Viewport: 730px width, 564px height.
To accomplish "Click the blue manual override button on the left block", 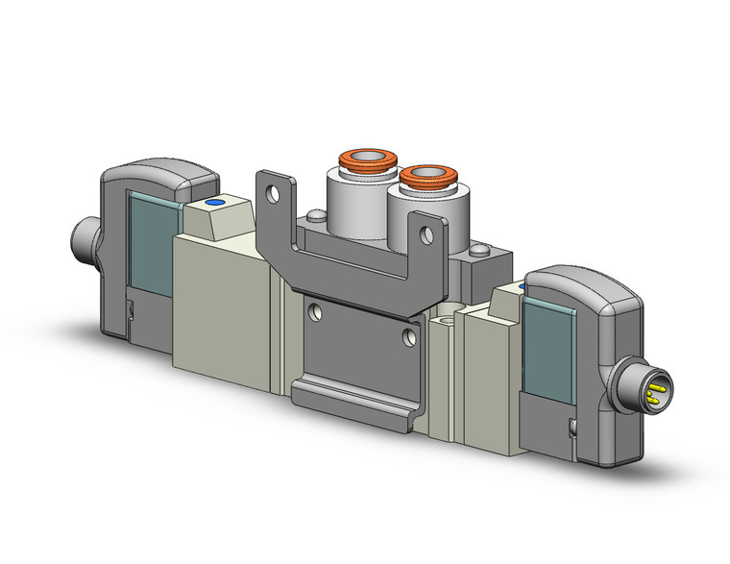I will coord(214,204).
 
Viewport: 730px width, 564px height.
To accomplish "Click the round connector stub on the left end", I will coord(82,236).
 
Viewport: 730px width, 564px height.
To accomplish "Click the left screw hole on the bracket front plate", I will coord(313,310).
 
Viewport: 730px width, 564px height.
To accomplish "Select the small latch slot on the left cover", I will coord(129,307).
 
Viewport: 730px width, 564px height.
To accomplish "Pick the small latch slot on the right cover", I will coord(573,429).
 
